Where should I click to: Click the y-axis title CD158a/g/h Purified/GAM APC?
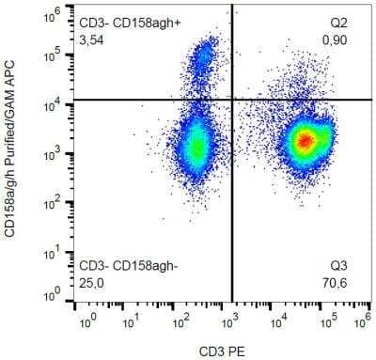(14, 159)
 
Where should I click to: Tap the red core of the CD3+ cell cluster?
(305, 141)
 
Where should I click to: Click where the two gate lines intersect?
(232, 100)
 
